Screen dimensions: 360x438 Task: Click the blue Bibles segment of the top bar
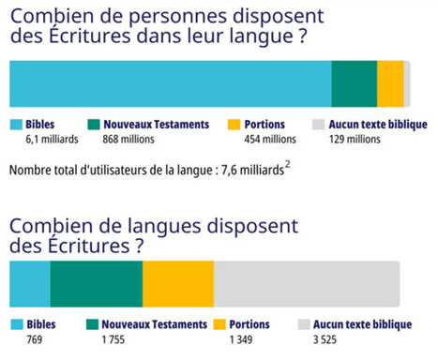click(170, 83)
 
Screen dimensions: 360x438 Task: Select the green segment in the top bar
click(354, 83)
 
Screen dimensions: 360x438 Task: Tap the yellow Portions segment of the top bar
click(390, 83)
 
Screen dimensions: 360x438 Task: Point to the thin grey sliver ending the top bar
click(407, 83)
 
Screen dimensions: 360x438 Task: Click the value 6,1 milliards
click(52, 140)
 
